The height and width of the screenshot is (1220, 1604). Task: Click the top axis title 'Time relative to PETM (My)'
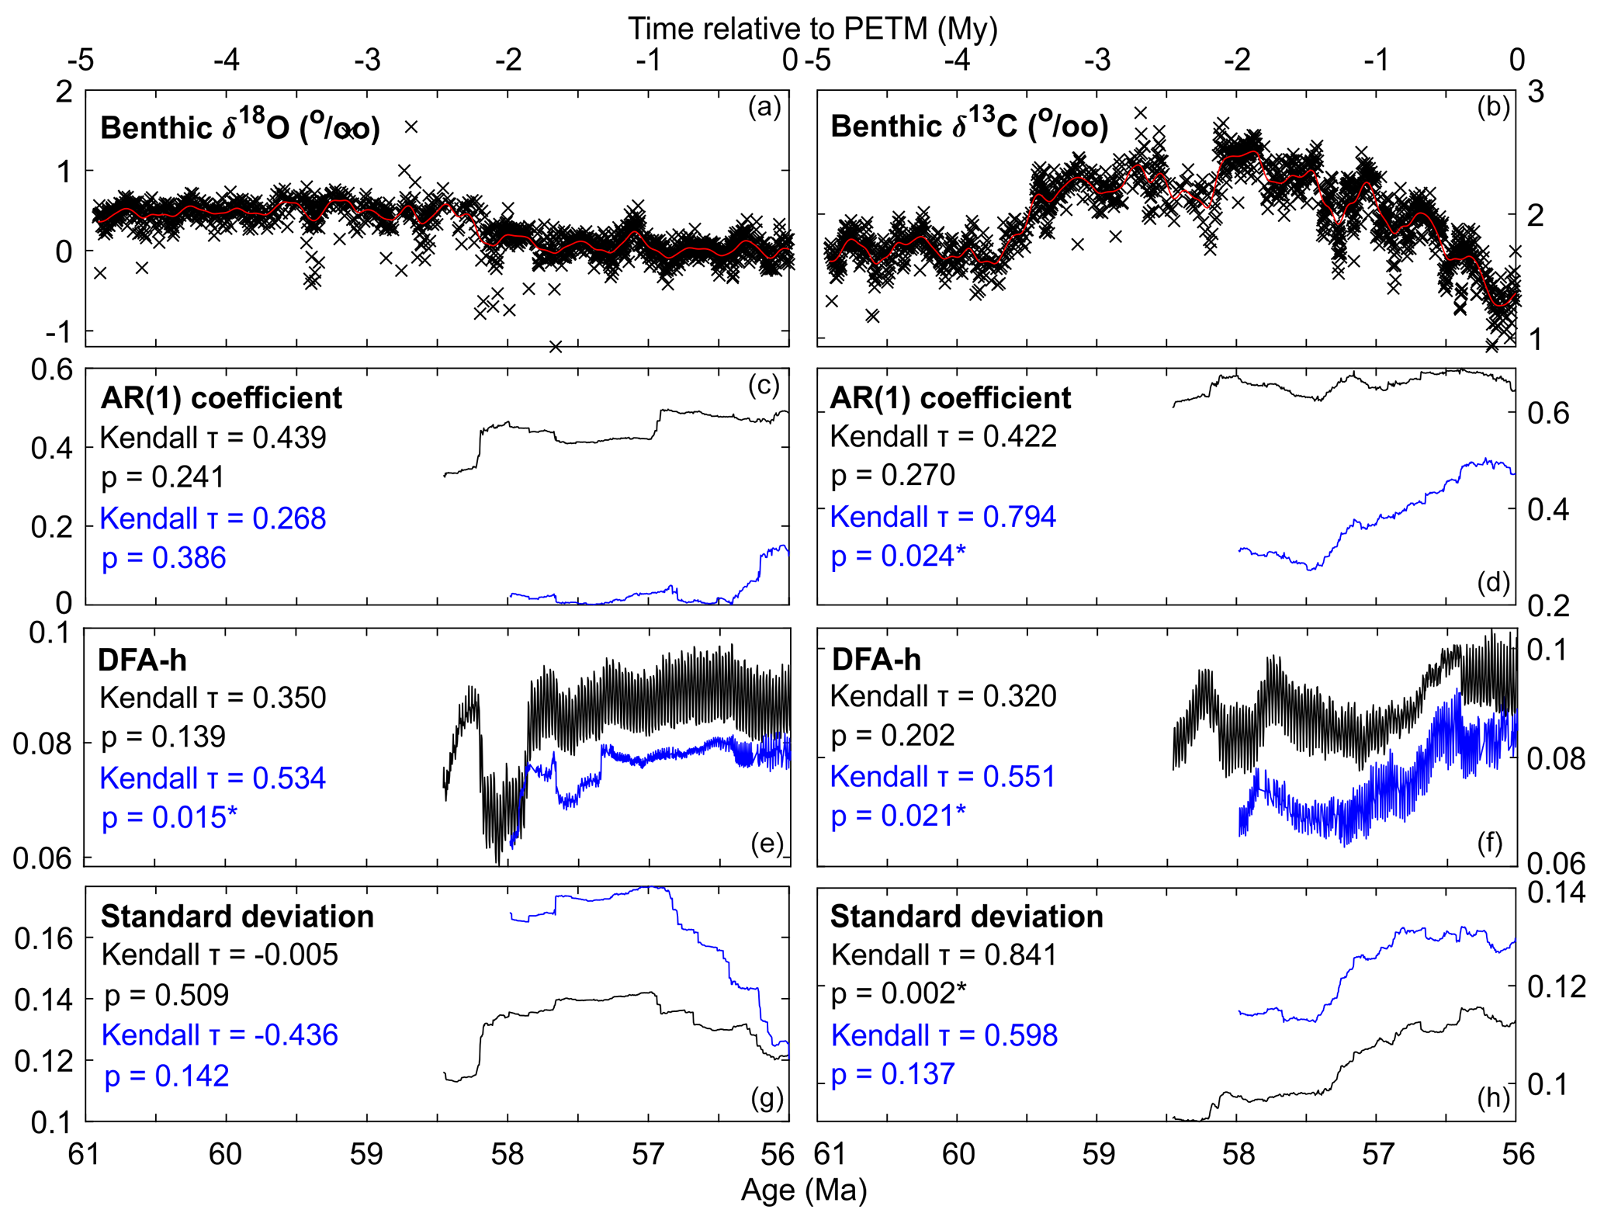(812, 29)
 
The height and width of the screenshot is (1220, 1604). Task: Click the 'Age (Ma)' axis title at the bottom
(803, 1190)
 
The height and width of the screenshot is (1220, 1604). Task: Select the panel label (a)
(764, 107)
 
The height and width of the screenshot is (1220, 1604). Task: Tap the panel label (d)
(1492, 582)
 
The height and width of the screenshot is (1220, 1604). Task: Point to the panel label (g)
(767, 1098)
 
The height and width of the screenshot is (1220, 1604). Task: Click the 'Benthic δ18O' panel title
(240, 127)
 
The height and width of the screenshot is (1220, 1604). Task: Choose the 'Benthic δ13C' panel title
(969, 126)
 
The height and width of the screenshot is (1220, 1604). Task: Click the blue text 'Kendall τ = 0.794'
(943, 517)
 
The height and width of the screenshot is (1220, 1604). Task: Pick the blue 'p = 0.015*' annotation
(169, 817)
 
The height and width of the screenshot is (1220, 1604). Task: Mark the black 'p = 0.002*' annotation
(899, 993)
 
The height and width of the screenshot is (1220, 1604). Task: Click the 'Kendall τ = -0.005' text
(220, 955)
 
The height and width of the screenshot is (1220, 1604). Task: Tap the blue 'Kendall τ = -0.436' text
(220, 1035)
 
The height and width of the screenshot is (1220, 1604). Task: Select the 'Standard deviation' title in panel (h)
(967, 917)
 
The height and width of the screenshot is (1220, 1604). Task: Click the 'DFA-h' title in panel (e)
(142, 660)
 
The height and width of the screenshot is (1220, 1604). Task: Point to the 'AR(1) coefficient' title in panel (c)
(221, 397)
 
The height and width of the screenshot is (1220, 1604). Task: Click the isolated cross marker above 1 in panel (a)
(411, 127)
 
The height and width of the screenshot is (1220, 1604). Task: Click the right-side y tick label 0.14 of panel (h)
(1556, 892)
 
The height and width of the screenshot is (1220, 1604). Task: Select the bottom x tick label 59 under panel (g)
(366, 1154)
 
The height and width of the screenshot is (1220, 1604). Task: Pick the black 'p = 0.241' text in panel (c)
(163, 477)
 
